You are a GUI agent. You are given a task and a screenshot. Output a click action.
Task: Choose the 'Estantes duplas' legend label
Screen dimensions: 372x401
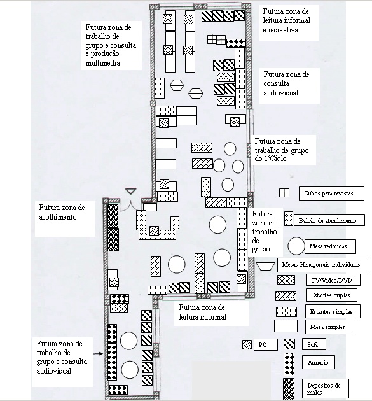(x=331, y=295)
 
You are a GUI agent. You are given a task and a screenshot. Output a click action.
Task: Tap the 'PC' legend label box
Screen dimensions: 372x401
(x=266, y=344)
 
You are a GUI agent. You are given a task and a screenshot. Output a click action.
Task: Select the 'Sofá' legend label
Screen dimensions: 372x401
(x=313, y=344)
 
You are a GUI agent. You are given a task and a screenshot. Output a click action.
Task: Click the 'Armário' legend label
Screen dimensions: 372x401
(x=318, y=362)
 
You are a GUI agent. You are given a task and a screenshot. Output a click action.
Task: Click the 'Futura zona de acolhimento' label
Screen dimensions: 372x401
(x=62, y=212)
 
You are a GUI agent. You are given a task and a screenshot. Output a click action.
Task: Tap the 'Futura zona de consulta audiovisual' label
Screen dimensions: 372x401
(x=286, y=83)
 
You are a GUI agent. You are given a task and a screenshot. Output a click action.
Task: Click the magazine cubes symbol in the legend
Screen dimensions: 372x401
(x=284, y=193)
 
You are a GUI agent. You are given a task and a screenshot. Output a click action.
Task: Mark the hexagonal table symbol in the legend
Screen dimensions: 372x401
(x=266, y=266)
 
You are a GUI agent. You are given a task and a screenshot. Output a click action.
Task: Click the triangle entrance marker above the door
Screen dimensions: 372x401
(x=131, y=191)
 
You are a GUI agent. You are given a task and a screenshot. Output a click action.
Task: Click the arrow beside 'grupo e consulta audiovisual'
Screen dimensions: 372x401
(x=98, y=354)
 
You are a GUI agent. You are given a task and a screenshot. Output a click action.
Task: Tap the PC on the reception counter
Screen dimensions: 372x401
(x=154, y=230)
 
